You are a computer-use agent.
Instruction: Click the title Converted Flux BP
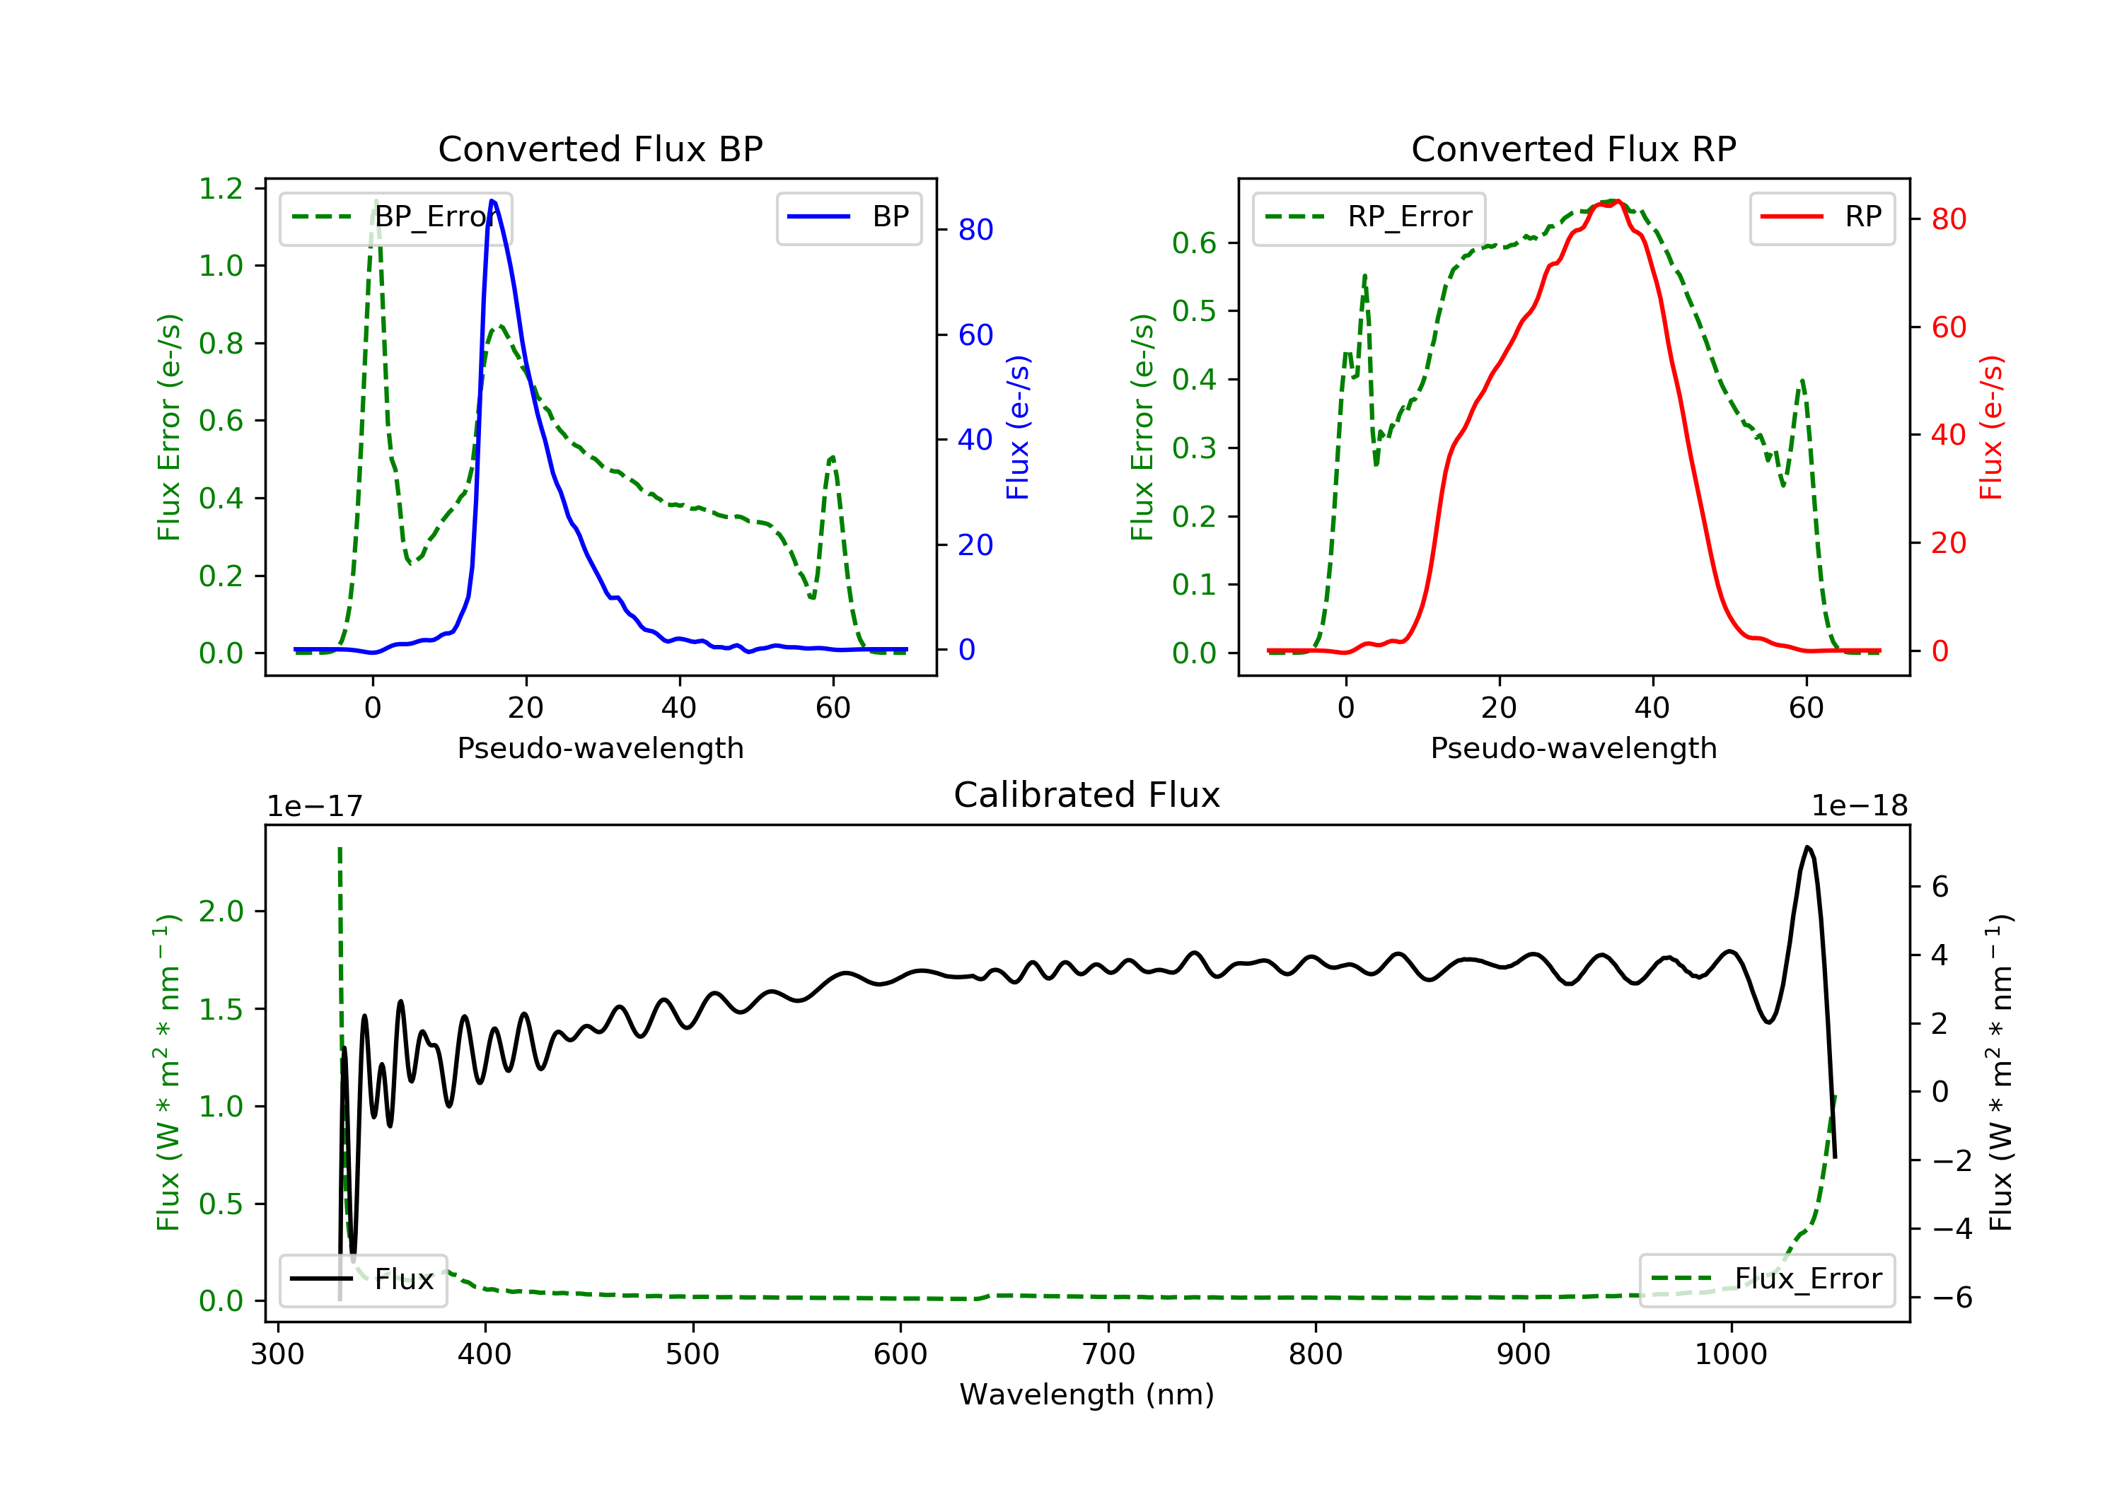coord(600,148)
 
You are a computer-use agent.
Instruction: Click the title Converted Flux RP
coord(1573,148)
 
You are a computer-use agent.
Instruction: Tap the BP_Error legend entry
coord(395,217)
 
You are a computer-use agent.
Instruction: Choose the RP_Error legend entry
coord(1369,217)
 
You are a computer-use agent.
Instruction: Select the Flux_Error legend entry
coord(1767,1279)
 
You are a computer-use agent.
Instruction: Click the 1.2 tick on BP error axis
coord(221,189)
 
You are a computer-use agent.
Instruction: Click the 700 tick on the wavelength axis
coord(1108,1355)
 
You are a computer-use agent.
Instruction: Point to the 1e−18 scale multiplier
coord(1860,806)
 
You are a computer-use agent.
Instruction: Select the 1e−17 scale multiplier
coord(314,806)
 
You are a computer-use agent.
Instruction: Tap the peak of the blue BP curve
coord(492,201)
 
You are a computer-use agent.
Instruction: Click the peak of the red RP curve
coord(1616,202)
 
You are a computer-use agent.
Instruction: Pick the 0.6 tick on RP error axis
coord(1194,243)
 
